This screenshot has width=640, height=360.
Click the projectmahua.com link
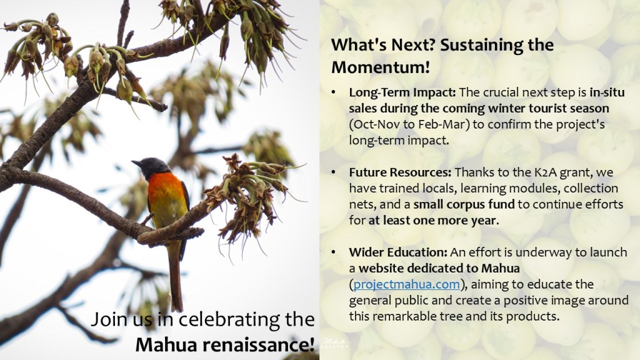[x=406, y=284]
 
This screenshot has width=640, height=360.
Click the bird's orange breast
[x=164, y=191]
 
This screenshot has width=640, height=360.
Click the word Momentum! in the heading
[x=381, y=67]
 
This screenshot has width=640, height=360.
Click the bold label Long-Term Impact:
[x=402, y=92]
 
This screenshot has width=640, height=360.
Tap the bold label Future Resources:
[x=400, y=172]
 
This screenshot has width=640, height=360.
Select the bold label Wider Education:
[x=398, y=252]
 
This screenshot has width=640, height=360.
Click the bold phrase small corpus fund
[x=464, y=204]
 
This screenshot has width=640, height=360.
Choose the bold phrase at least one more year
[x=432, y=221]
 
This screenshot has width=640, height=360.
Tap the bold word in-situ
[x=607, y=92]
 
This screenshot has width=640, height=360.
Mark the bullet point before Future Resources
[x=334, y=172]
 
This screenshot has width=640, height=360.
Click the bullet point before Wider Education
[x=334, y=252]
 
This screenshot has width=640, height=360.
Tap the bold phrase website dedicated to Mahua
[x=439, y=268]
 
